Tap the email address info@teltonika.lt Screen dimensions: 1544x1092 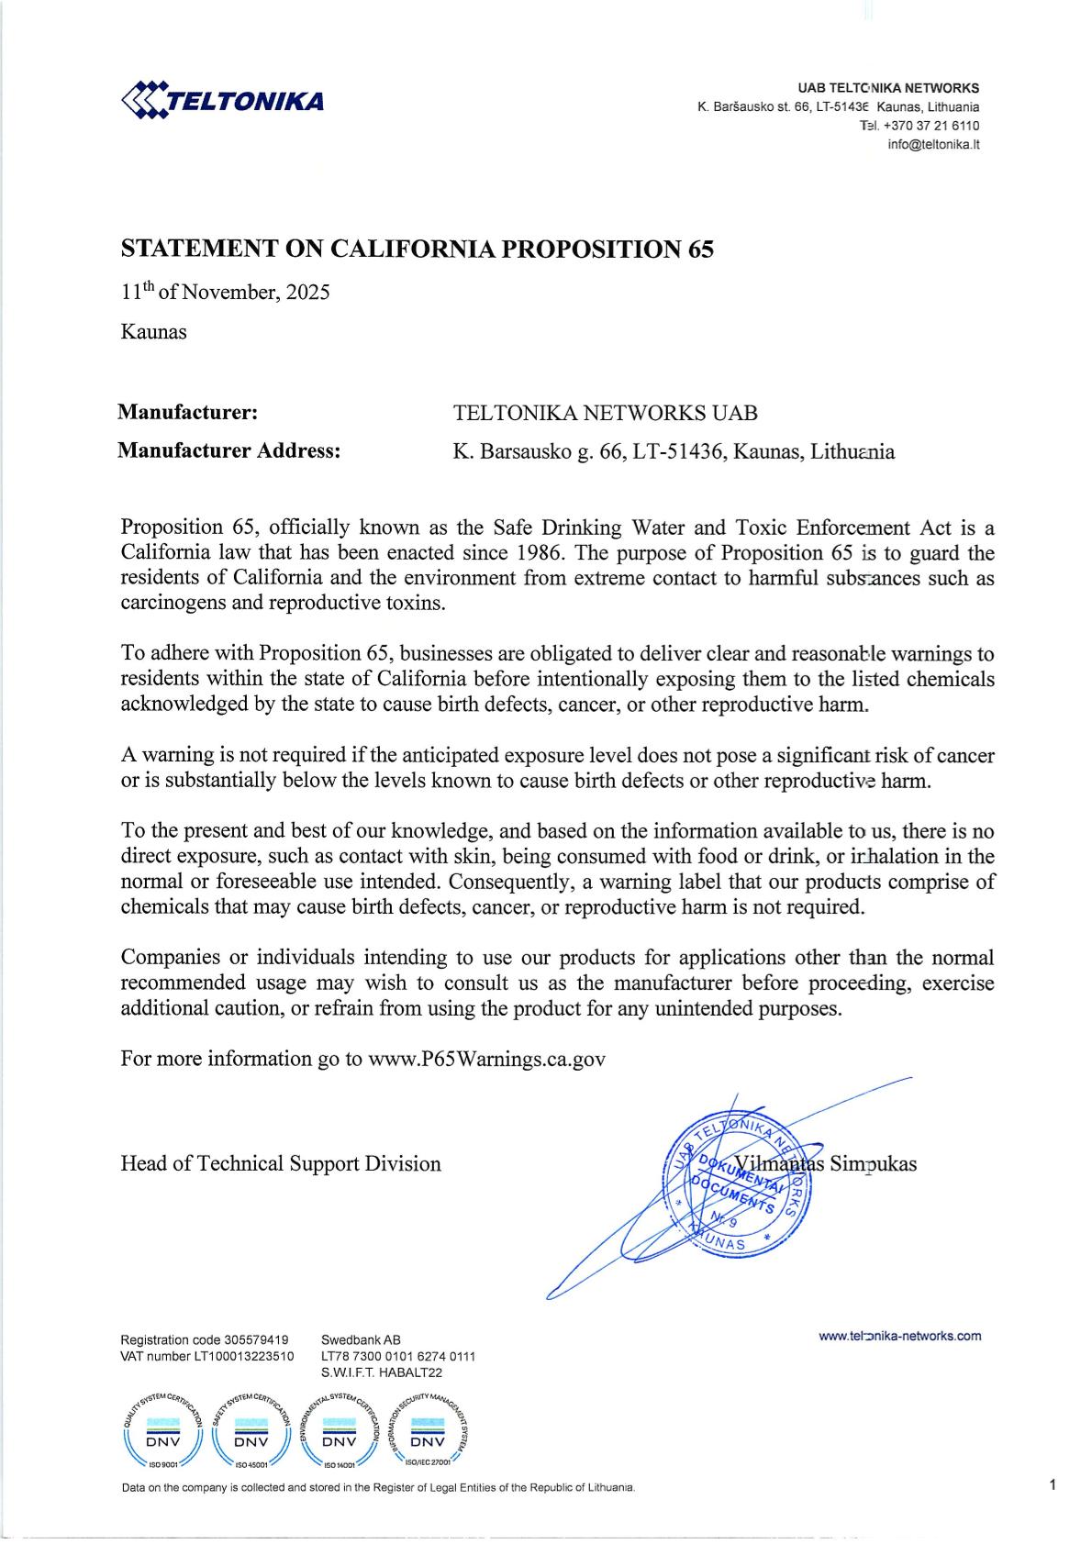933,145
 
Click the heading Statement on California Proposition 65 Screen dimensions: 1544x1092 418,249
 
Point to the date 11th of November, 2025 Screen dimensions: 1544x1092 225,293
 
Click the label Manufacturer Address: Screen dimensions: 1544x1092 229,450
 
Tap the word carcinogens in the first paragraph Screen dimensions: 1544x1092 171,603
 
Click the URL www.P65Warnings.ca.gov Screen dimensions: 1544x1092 486,1058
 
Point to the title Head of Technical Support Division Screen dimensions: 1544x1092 281,1163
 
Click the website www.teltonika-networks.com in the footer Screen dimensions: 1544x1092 899,1336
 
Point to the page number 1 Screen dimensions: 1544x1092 1053,1484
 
